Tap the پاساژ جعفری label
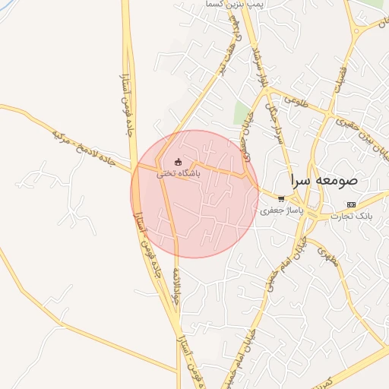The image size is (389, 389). coord(282,209)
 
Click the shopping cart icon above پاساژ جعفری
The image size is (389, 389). coord(282,198)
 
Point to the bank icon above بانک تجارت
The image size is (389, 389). coord(350,204)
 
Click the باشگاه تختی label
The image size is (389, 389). coord(179,173)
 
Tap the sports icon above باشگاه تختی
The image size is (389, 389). coord(179,161)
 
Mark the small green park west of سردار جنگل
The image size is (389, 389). coord(242,112)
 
